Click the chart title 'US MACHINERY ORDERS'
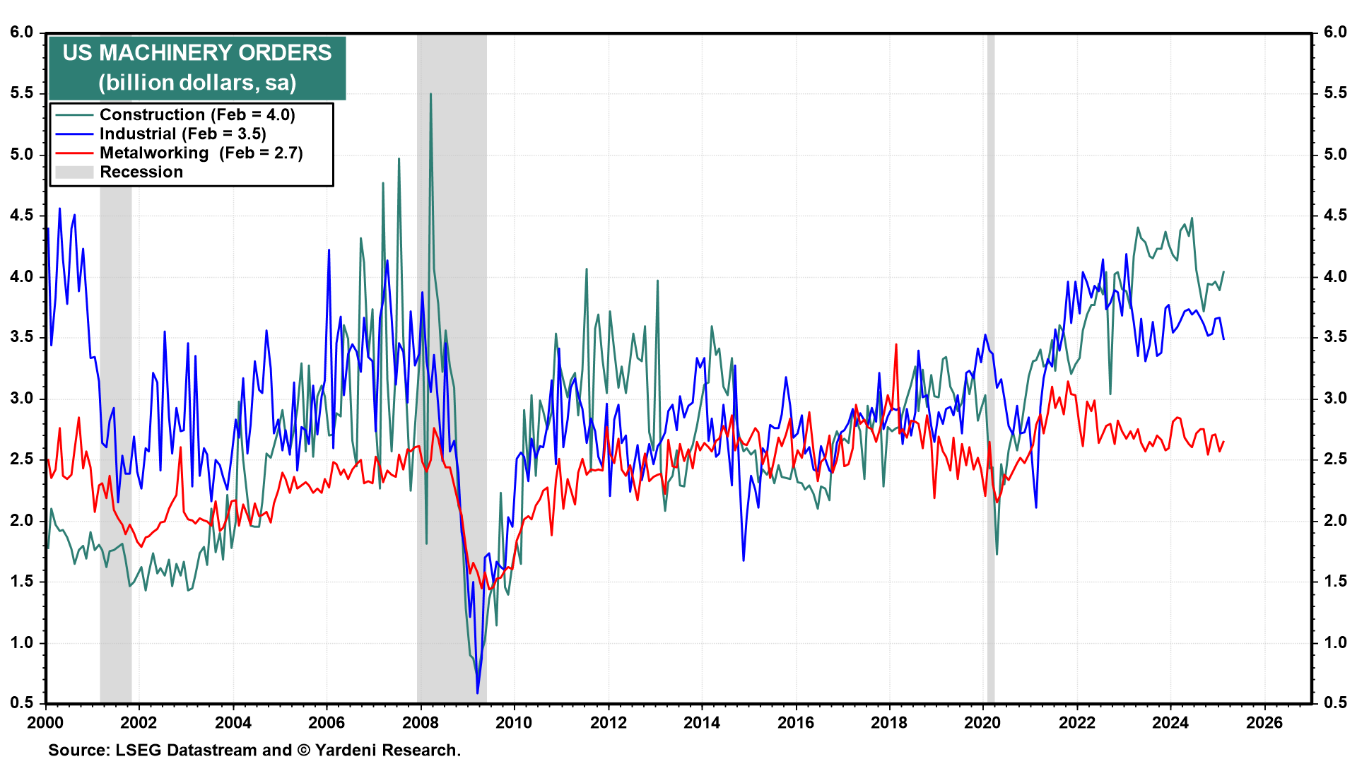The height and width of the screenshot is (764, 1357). [x=197, y=53]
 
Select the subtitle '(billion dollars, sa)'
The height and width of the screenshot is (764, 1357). [x=197, y=83]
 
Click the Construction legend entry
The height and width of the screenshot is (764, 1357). [x=197, y=114]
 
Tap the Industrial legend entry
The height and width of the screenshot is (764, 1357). [x=182, y=134]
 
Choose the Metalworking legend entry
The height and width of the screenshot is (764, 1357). [x=201, y=153]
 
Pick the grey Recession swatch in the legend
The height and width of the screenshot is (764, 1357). [x=74, y=172]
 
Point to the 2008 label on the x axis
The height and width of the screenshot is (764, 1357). [x=421, y=722]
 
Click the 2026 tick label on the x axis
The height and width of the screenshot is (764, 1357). [x=1264, y=722]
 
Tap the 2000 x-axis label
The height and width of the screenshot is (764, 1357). [x=45, y=722]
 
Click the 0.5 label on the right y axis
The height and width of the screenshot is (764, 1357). [x=1335, y=703]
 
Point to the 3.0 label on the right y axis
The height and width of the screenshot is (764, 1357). [x=1335, y=398]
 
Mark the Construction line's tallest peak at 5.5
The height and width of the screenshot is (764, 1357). [x=430, y=94]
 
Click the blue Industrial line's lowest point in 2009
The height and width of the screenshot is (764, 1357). [x=478, y=693]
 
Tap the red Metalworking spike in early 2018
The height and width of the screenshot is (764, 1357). [x=896, y=345]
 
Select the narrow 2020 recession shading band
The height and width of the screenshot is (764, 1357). [x=991, y=368]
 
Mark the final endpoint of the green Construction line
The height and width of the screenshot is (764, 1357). [x=1223, y=272]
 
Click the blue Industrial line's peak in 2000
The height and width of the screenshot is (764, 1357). [x=59, y=208]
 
